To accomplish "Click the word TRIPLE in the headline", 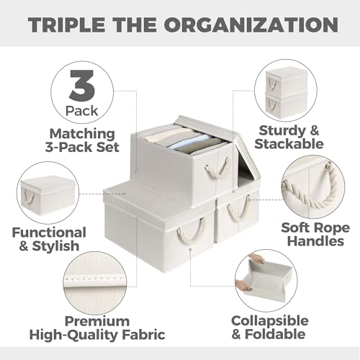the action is click(66, 24).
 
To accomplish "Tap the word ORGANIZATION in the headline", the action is click(251, 24).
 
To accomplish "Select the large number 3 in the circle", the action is click(82, 85).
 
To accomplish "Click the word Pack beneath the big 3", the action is click(82, 111).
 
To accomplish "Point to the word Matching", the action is click(82, 134).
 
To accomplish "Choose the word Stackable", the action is click(289, 144).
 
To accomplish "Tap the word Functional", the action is click(49, 233).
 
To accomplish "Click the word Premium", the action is click(97, 321).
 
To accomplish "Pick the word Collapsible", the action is click(270, 320).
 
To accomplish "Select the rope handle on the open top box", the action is click(217, 167).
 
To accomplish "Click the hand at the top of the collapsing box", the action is click(257, 258).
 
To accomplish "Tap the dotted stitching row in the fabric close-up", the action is click(94, 280).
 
